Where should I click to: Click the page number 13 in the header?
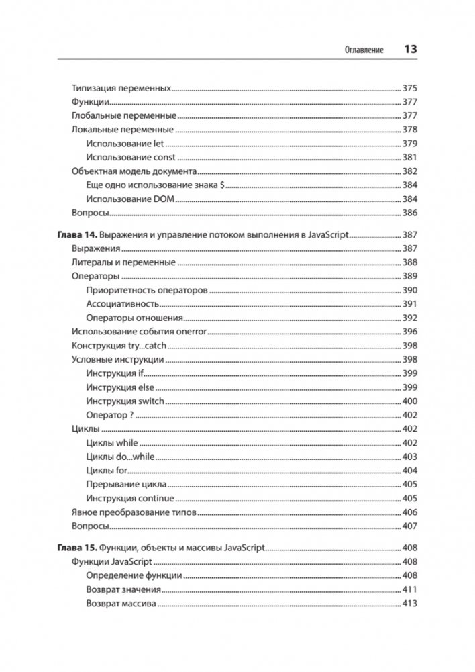pos(410,50)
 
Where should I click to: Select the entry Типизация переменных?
pos(121,88)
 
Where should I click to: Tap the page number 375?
pos(409,88)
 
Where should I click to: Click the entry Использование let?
pos(125,144)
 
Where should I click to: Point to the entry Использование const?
pos(131,158)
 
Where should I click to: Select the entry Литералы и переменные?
pos(123,262)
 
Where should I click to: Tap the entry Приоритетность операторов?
pos(147,290)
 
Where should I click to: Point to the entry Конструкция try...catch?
pos(119,346)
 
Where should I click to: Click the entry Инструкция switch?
pos(125,401)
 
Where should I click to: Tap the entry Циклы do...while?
pos(120,457)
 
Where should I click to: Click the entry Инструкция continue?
pos(130,499)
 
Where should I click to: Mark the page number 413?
pos(409,604)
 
